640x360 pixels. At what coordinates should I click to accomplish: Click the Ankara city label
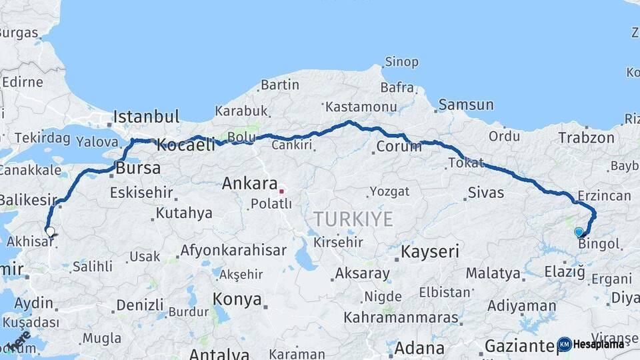point(249,183)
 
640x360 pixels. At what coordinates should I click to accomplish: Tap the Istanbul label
point(146,117)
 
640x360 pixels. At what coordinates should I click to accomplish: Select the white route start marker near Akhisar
point(50,232)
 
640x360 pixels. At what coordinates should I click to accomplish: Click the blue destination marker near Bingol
point(579,232)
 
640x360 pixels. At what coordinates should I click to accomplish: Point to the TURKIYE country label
point(353,219)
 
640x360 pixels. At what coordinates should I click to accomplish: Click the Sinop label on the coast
point(401,62)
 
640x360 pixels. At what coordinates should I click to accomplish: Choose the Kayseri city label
point(430,251)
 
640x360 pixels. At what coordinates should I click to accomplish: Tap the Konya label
point(237,299)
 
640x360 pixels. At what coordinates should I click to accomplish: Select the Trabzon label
point(586,138)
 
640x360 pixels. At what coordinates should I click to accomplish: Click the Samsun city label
point(466,105)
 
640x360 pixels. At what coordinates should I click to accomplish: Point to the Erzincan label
point(605,195)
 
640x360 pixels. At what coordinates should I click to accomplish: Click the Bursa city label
point(138,168)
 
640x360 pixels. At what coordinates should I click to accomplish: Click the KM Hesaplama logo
point(591,344)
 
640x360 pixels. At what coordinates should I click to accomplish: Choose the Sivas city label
point(485,193)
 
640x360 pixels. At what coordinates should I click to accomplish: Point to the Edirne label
point(23,83)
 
